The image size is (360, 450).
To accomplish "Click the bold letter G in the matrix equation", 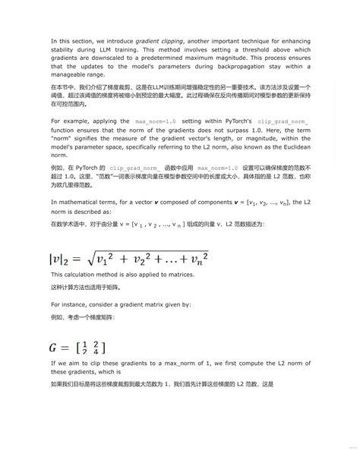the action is point(54,349).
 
